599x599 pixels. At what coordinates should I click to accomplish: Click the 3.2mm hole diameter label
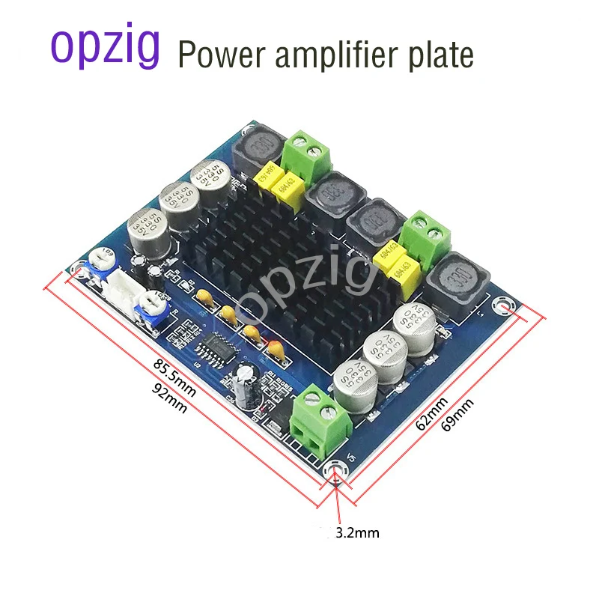tap(358, 534)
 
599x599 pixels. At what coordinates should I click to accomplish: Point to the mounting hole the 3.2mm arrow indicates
tap(336, 469)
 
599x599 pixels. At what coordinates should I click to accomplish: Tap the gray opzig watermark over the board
tap(314, 288)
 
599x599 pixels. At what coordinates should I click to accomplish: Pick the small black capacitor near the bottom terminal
tap(246, 378)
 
